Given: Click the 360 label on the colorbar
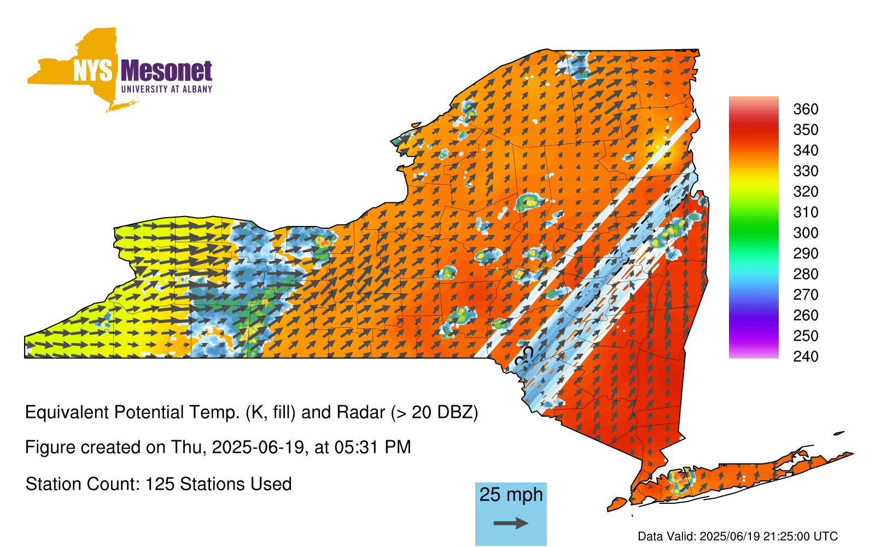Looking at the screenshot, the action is (806, 109).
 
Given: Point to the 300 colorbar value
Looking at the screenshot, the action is (806, 233).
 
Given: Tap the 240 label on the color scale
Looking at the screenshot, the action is (806, 356).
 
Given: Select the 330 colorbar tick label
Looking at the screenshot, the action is (806, 171).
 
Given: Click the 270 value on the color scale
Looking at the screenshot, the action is (806, 295).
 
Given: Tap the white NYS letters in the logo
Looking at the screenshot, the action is (92, 71).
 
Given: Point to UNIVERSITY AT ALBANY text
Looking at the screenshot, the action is (166, 89).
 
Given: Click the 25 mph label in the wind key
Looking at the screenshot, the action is (511, 494).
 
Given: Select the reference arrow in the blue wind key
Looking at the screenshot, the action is (511, 523).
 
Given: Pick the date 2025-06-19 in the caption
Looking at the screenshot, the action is (258, 447).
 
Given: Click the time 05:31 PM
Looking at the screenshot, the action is (372, 447).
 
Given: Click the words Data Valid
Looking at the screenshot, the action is (667, 536).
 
